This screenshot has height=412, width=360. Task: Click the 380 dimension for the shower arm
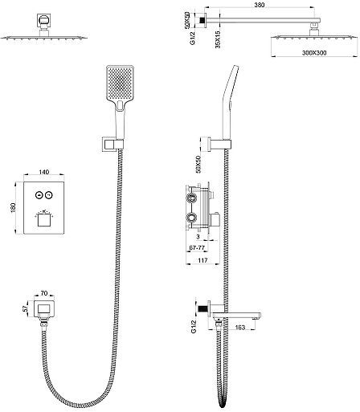pyautogui.click(x=259, y=5)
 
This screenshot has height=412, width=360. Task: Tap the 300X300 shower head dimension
pyautogui.click(x=314, y=53)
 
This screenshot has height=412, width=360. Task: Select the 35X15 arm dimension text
pyautogui.click(x=218, y=39)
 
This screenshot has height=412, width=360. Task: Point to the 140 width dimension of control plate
pyautogui.click(x=44, y=172)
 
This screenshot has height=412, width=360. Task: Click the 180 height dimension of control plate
pyautogui.click(x=13, y=208)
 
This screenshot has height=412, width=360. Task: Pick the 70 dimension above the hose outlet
pyautogui.click(x=44, y=293)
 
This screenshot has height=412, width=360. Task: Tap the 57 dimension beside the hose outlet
pyautogui.click(x=26, y=309)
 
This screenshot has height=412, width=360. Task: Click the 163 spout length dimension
pyautogui.click(x=239, y=327)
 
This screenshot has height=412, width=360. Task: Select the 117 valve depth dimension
pyautogui.click(x=202, y=260)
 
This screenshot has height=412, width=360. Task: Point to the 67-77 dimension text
pyautogui.click(x=197, y=248)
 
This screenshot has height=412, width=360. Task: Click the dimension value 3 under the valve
pyautogui.click(x=198, y=237)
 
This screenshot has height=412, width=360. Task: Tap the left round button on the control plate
pyautogui.click(x=39, y=195)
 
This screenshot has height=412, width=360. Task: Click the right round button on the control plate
pyautogui.click(x=49, y=195)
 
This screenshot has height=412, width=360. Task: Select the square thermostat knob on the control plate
pyautogui.click(x=44, y=221)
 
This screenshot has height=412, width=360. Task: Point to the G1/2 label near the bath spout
pyautogui.click(x=194, y=327)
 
